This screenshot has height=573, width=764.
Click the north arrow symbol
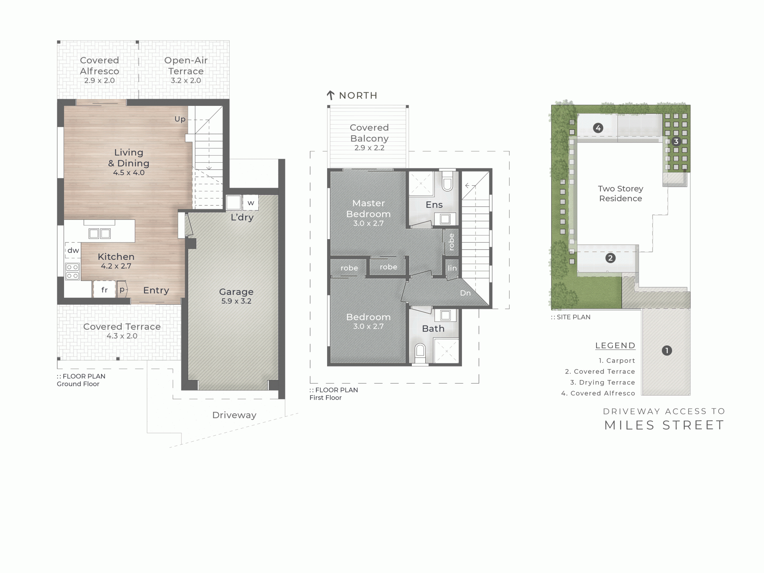[x=330, y=95]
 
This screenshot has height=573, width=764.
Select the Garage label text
[x=236, y=292]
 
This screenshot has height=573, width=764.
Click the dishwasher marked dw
[x=73, y=250]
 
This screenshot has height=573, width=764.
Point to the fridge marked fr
[x=104, y=290]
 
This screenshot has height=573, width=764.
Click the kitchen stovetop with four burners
[x=72, y=271]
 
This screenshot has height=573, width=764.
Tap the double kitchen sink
[x=99, y=234]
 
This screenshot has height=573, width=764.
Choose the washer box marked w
[x=251, y=203]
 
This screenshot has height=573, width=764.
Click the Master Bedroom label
[x=368, y=209]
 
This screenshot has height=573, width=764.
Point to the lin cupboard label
[x=452, y=268]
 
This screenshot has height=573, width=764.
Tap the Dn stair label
[x=465, y=293]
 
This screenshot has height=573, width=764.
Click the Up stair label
[x=180, y=119]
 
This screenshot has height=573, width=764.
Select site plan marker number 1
[x=667, y=351]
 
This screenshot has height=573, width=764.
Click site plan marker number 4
[x=598, y=128]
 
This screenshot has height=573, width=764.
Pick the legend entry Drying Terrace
[x=607, y=382]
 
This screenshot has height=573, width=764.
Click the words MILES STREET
[x=664, y=425]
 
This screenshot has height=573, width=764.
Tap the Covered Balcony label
[x=369, y=133]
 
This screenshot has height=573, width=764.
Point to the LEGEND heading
[x=615, y=345]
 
